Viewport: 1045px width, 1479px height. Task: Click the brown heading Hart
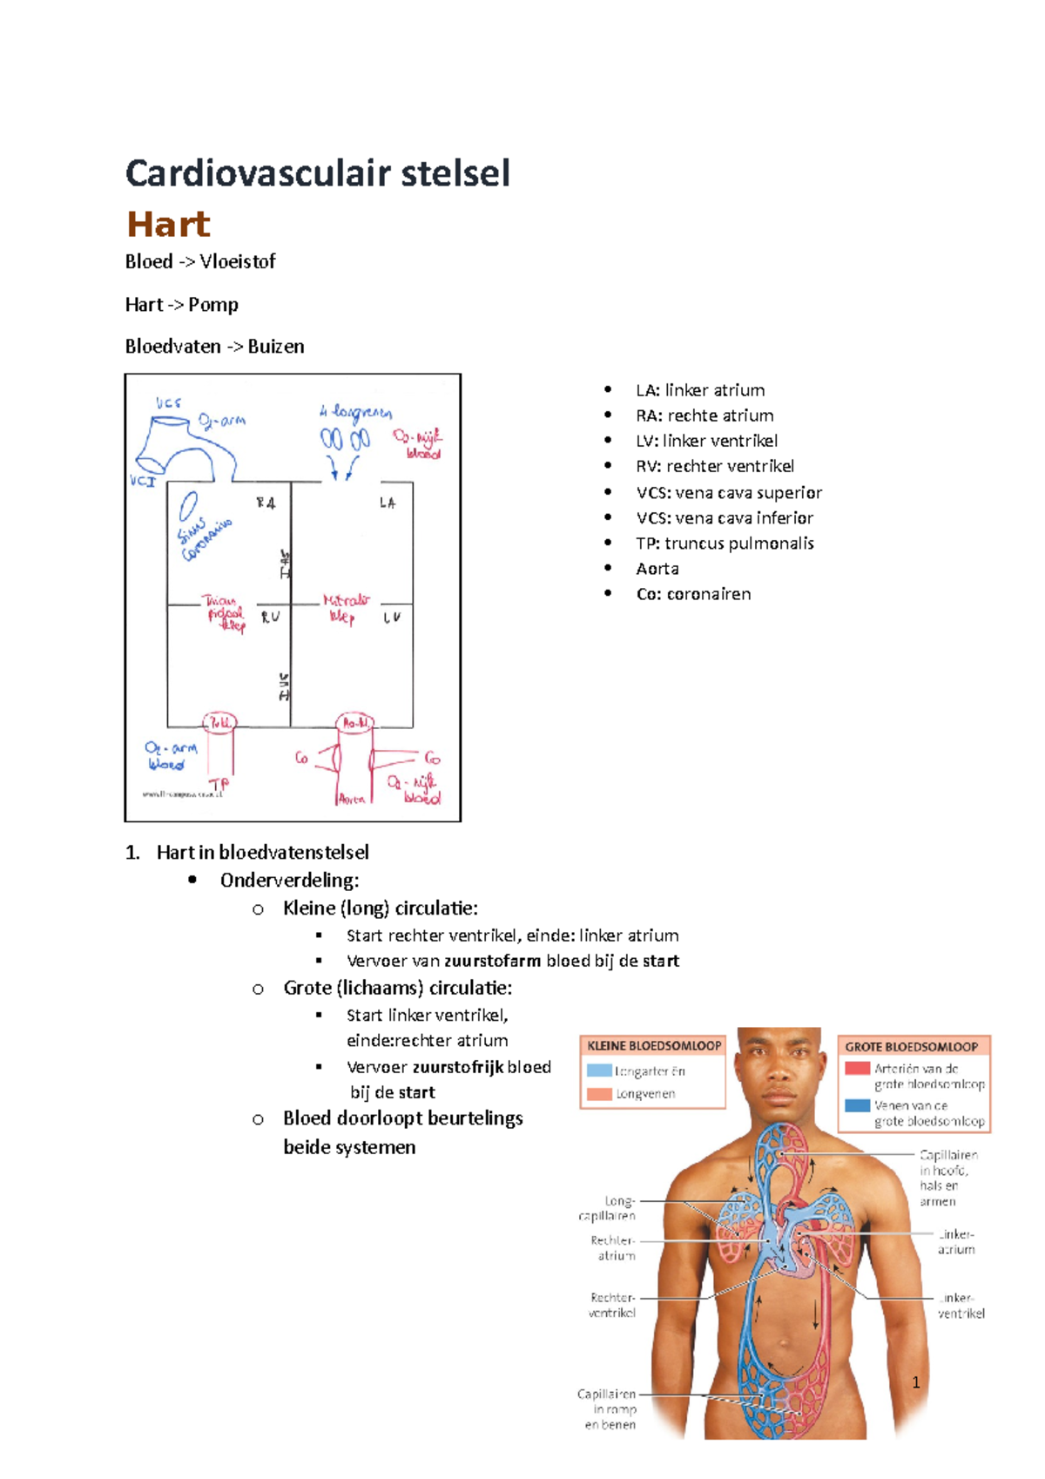tap(168, 225)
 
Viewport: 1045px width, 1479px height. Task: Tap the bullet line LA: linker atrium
tap(699, 390)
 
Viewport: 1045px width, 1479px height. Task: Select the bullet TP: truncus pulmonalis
tap(725, 544)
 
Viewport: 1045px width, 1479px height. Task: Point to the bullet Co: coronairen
tap(693, 594)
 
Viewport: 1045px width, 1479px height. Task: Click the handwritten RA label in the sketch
tap(266, 503)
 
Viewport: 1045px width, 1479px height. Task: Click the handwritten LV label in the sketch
tap(392, 618)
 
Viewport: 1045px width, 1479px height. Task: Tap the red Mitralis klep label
tap(346, 608)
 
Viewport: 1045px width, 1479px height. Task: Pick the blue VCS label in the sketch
tap(169, 403)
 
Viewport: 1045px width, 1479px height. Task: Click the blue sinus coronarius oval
tap(188, 505)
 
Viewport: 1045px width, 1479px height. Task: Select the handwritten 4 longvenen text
tap(355, 412)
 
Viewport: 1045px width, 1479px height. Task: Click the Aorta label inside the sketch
tap(352, 799)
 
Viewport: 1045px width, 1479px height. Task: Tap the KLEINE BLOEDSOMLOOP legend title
tap(654, 1046)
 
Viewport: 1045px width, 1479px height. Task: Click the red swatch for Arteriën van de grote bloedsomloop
tap(857, 1068)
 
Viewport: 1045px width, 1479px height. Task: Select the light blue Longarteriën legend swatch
tap(599, 1071)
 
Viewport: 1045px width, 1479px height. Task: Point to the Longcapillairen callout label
tap(608, 1208)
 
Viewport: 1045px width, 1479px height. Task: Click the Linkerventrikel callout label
tap(960, 1305)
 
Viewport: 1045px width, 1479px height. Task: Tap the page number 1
tap(915, 1382)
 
